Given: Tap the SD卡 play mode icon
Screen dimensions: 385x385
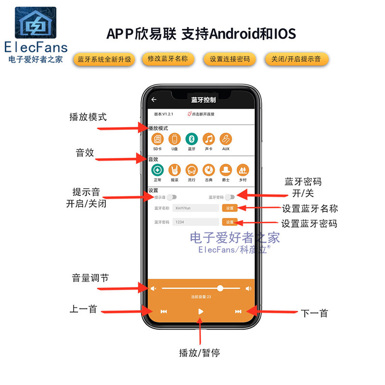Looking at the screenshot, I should pyautogui.click(x=157, y=139).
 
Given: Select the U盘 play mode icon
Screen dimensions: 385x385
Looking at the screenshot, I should pyautogui.click(x=175, y=139).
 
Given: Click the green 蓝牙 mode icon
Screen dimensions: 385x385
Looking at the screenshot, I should pyautogui.click(x=192, y=139).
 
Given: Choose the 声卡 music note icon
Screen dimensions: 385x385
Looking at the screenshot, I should pyautogui.click(x=208, y=139).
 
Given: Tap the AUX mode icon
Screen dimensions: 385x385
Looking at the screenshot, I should pyautogui.click(x=226, y=139).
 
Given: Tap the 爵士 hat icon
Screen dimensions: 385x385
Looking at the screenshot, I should pyautogui.click(x=226, y=169).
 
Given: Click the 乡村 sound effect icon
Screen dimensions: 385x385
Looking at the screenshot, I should pyautogui.click(x=243, y=169).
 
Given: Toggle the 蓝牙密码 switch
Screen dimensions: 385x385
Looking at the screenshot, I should pyautogui.click(x=230, y=197).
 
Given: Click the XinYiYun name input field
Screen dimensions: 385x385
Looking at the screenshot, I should pyautogui.click(x=196, y=208).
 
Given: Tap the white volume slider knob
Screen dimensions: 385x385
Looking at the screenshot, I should pyautogui.click(x=220, y=288).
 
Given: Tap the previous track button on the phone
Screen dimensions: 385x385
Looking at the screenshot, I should pyautogui.click(x=164, y=311).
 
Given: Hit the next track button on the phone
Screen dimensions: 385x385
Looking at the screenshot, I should pyautogui.click(x=238, y=311).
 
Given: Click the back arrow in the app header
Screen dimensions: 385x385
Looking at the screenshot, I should pyautogui.click(x=154, y=100).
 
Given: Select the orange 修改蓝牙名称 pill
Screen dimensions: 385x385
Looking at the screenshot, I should pyautogui.click(x=168, y=59).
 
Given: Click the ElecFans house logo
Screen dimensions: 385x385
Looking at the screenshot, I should pyautogui.click(x=36, y=23).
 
